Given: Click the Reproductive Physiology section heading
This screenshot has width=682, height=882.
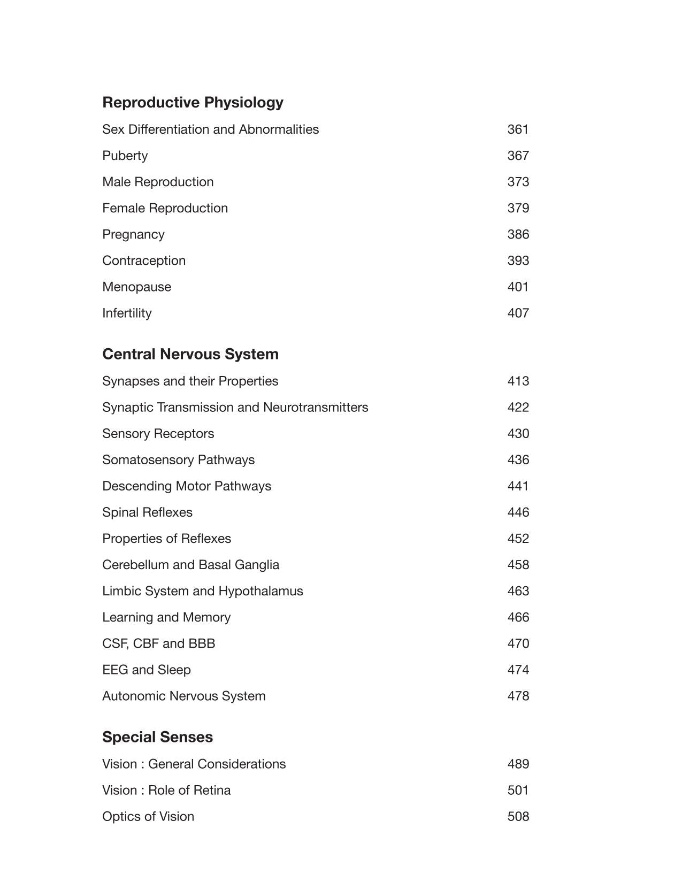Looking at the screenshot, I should [193, 102].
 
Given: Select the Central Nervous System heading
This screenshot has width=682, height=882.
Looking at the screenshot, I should [190, 354].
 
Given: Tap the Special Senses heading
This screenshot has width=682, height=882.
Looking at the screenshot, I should [157, 737].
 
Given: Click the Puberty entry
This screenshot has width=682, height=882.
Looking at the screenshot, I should [125, 156].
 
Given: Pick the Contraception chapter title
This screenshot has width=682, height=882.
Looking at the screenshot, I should [144, 260].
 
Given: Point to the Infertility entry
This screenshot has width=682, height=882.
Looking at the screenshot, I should [127, 313].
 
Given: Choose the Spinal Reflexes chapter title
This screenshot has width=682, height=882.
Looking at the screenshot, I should [147, 512].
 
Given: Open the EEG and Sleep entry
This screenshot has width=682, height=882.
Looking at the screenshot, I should [146, 670].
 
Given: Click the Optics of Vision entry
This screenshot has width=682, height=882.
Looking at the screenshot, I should [148, 817].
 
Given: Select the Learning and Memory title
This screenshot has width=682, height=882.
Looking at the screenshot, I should [166, 617].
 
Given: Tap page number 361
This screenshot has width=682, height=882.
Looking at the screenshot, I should [518, 129].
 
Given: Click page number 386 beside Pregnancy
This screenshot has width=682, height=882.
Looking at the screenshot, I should [518, 234].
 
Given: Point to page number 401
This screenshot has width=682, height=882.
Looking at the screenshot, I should [518, 287].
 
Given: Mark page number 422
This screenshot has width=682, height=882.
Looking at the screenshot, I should [518, 408].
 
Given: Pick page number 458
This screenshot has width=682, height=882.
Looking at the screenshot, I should [518, 565].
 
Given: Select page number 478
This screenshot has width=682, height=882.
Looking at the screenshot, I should [518, 696].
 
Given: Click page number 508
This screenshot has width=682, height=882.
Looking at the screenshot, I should [518, 817].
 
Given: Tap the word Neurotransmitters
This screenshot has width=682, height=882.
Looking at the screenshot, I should [316, 408].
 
